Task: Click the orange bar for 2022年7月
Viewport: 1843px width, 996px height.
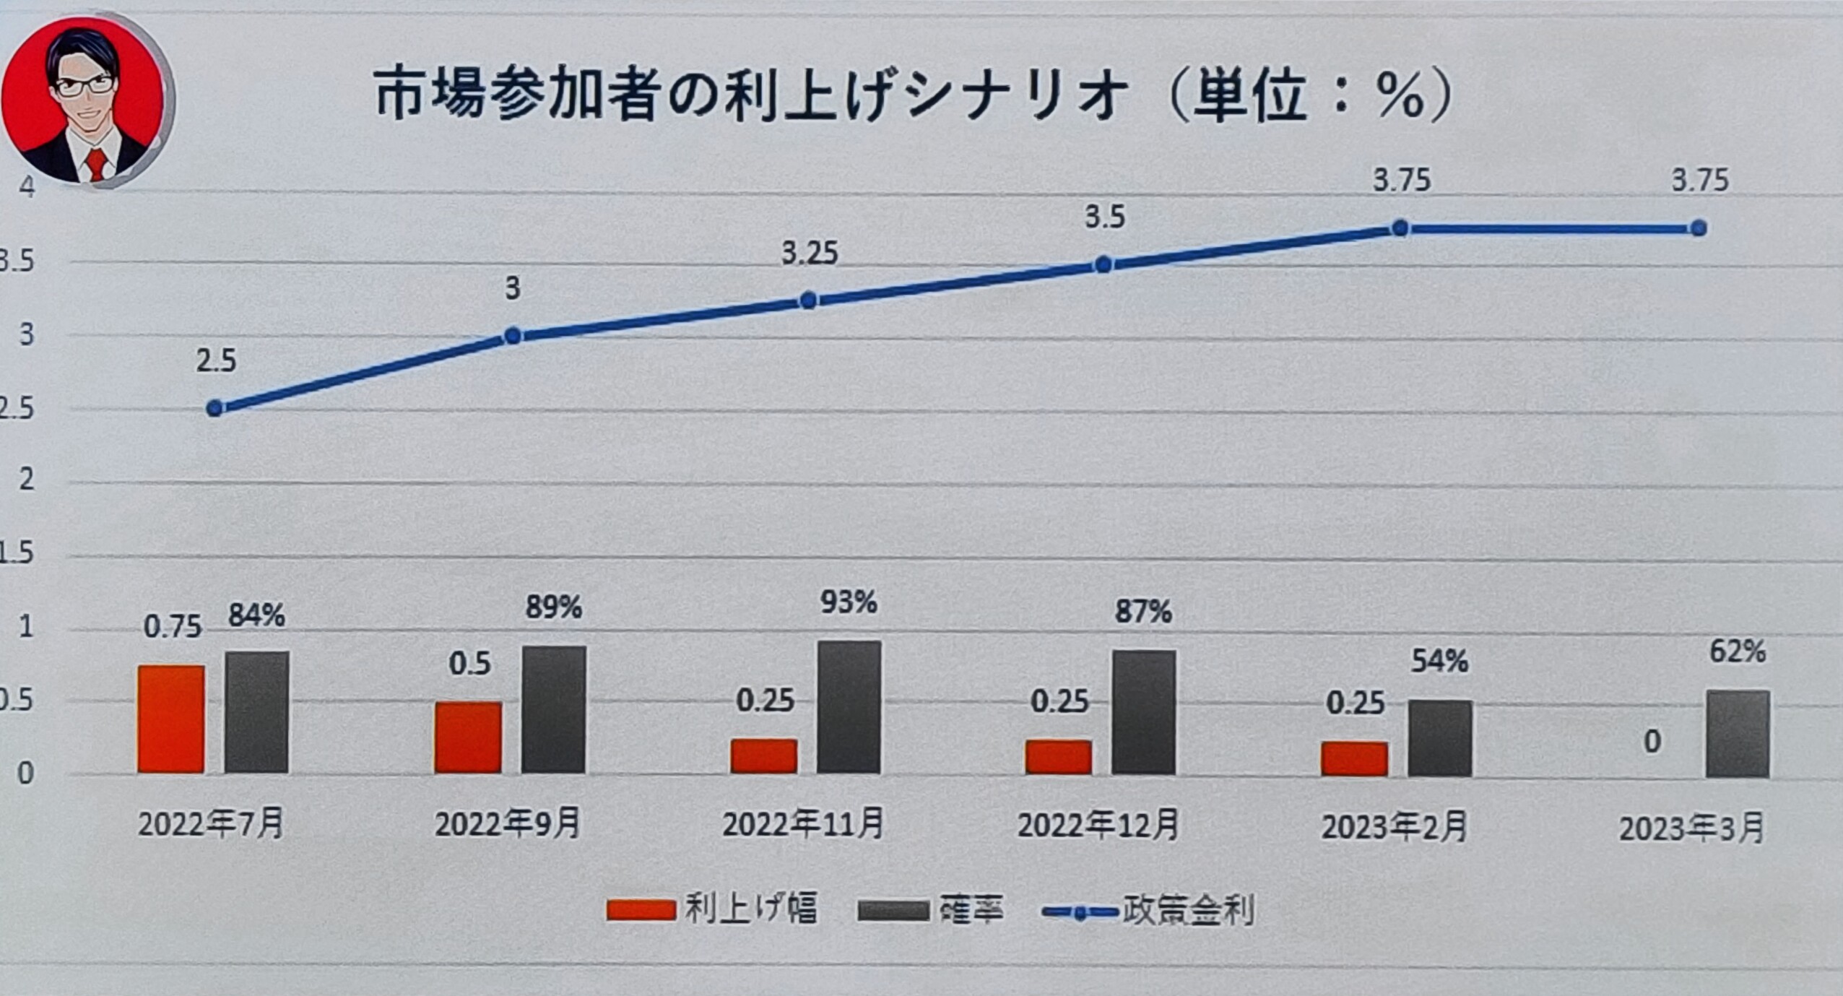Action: click(x=171, y=719)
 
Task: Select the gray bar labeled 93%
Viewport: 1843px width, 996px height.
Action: click(x=849, y=707)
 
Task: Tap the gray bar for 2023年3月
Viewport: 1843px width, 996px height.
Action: click(x=1738, y=734)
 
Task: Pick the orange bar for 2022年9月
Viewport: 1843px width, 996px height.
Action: click(x=468, y=737)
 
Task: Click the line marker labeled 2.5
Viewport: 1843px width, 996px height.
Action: click(x=214, y=408)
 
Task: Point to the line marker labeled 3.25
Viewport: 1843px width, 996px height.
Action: click(x=809, y=300)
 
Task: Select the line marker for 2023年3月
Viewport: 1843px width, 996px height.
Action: click(x=1699, y=228)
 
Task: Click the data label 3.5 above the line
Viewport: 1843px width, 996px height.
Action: click(x=1105, y=217)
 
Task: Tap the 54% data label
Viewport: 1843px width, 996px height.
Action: click(x=1439, y=662)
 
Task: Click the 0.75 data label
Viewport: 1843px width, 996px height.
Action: click(x=172, y=627)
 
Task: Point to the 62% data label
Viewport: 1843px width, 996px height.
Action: click(x=1737, y=652)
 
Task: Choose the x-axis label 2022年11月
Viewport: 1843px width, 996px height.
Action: click(x=803, y=825)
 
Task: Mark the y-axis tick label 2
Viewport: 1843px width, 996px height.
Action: click(x=26, y=479)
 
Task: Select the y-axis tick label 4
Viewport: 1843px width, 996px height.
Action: click(x=26, y=186)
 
